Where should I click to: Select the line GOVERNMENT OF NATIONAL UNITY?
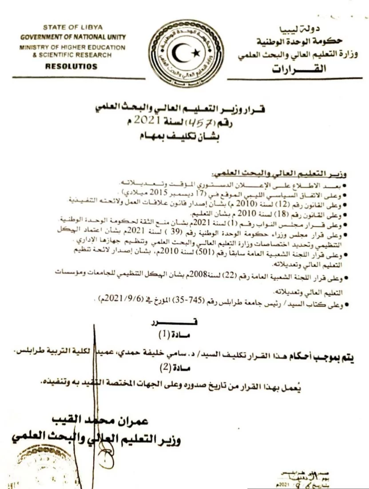[x=73, y=37]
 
